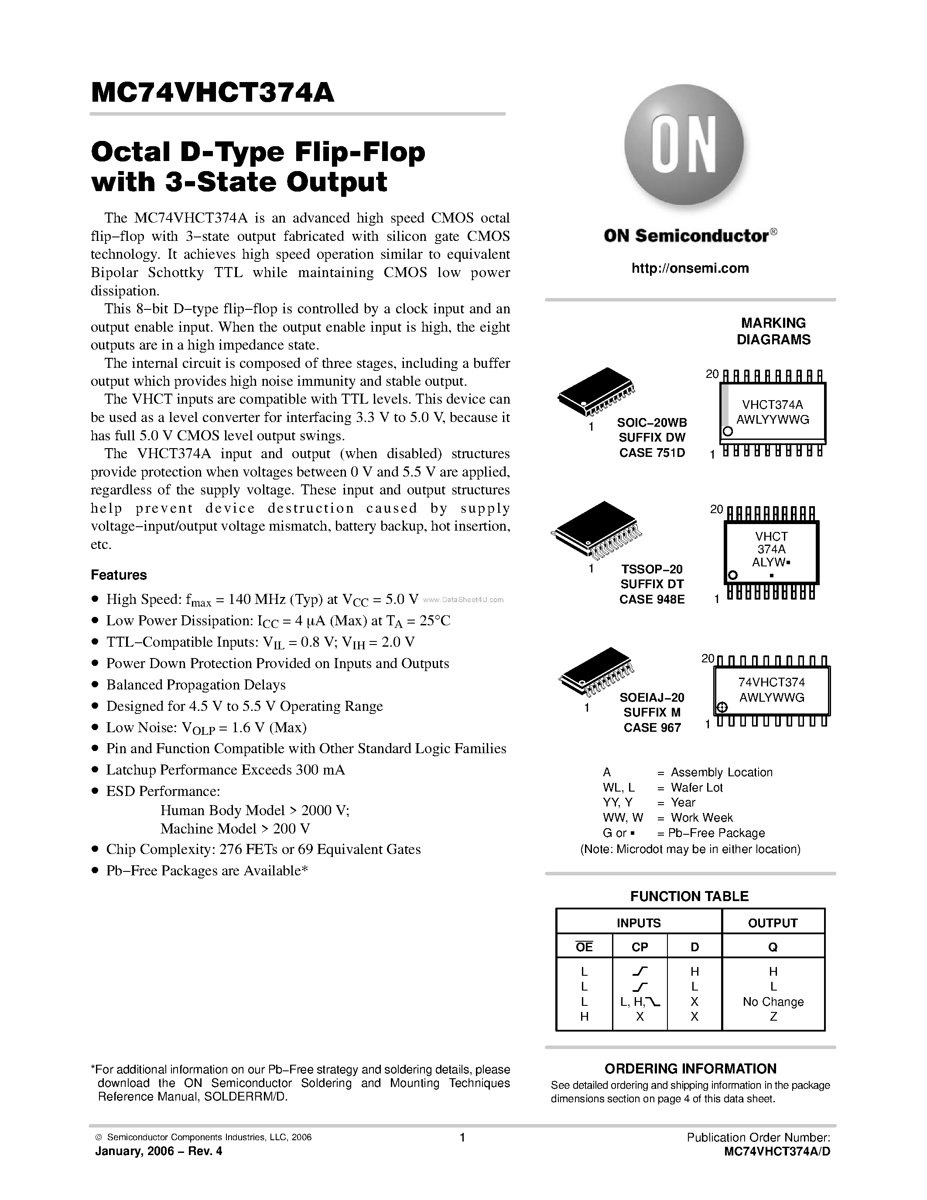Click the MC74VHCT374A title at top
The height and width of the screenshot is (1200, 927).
pos(212,93)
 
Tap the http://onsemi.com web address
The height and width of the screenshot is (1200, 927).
pos(690,268)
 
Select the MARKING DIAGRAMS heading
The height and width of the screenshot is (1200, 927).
pos(773,331)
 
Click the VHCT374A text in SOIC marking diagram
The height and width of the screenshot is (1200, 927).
pos(772,405)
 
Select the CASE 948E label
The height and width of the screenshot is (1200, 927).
pos(652,600)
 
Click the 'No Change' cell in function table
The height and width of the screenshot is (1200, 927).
pos(773,1001)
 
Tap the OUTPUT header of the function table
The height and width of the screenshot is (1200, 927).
pos(772,923)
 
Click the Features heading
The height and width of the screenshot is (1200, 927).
pos(119,575)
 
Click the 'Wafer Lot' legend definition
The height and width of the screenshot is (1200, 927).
pos(696,787)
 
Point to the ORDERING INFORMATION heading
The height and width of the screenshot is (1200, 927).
pos(690,1069)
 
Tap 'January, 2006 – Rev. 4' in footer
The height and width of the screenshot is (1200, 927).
pos(159,1151)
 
